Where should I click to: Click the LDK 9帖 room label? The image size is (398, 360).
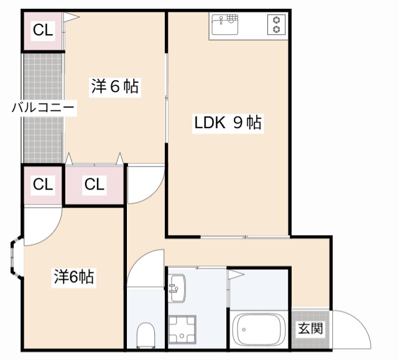(x=228, y=123)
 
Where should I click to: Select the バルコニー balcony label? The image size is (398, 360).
(x=44, y=108)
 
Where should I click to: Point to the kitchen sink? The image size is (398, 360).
(x=224, y=25)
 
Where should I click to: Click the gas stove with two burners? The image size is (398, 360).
(x=275, y=25)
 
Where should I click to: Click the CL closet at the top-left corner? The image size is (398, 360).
(x=43, y=30)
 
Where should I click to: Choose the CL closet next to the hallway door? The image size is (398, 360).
(x=95, y=185)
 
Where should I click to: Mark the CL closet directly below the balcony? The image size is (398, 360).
(x=43, y=185)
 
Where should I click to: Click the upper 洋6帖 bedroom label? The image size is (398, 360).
(x=115, y=87)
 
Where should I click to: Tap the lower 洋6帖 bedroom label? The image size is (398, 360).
(x=73, y=277)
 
